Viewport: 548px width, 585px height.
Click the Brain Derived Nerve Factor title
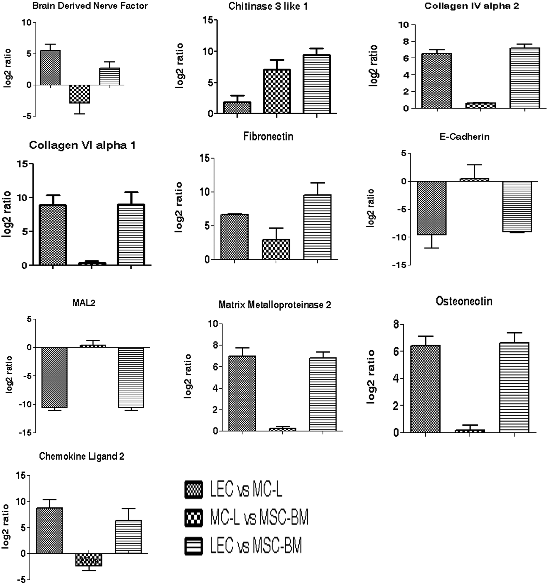pos(90,6)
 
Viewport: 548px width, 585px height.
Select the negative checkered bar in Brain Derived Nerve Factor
pos(80,94)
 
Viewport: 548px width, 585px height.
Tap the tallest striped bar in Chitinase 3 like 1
pos(317,84)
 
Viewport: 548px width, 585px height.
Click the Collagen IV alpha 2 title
pos(472,6)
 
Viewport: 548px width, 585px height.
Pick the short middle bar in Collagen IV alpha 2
pos(481,105)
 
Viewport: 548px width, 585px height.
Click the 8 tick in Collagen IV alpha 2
pos(405,42)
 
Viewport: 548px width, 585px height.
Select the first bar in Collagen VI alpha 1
pos(53,235)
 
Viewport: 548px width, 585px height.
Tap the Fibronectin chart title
pos(268,137)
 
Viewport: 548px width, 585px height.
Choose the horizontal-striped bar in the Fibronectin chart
pos(317,227)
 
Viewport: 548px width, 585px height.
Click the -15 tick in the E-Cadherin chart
pos(399,265)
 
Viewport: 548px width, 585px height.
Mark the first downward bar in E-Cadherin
pos(432,208)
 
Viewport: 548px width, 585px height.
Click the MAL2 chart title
pos(84,303)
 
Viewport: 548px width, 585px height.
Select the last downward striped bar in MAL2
pos(131,377)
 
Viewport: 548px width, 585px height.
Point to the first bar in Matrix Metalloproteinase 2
pos(242,394)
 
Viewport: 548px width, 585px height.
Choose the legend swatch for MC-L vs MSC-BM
pos(194,517)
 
